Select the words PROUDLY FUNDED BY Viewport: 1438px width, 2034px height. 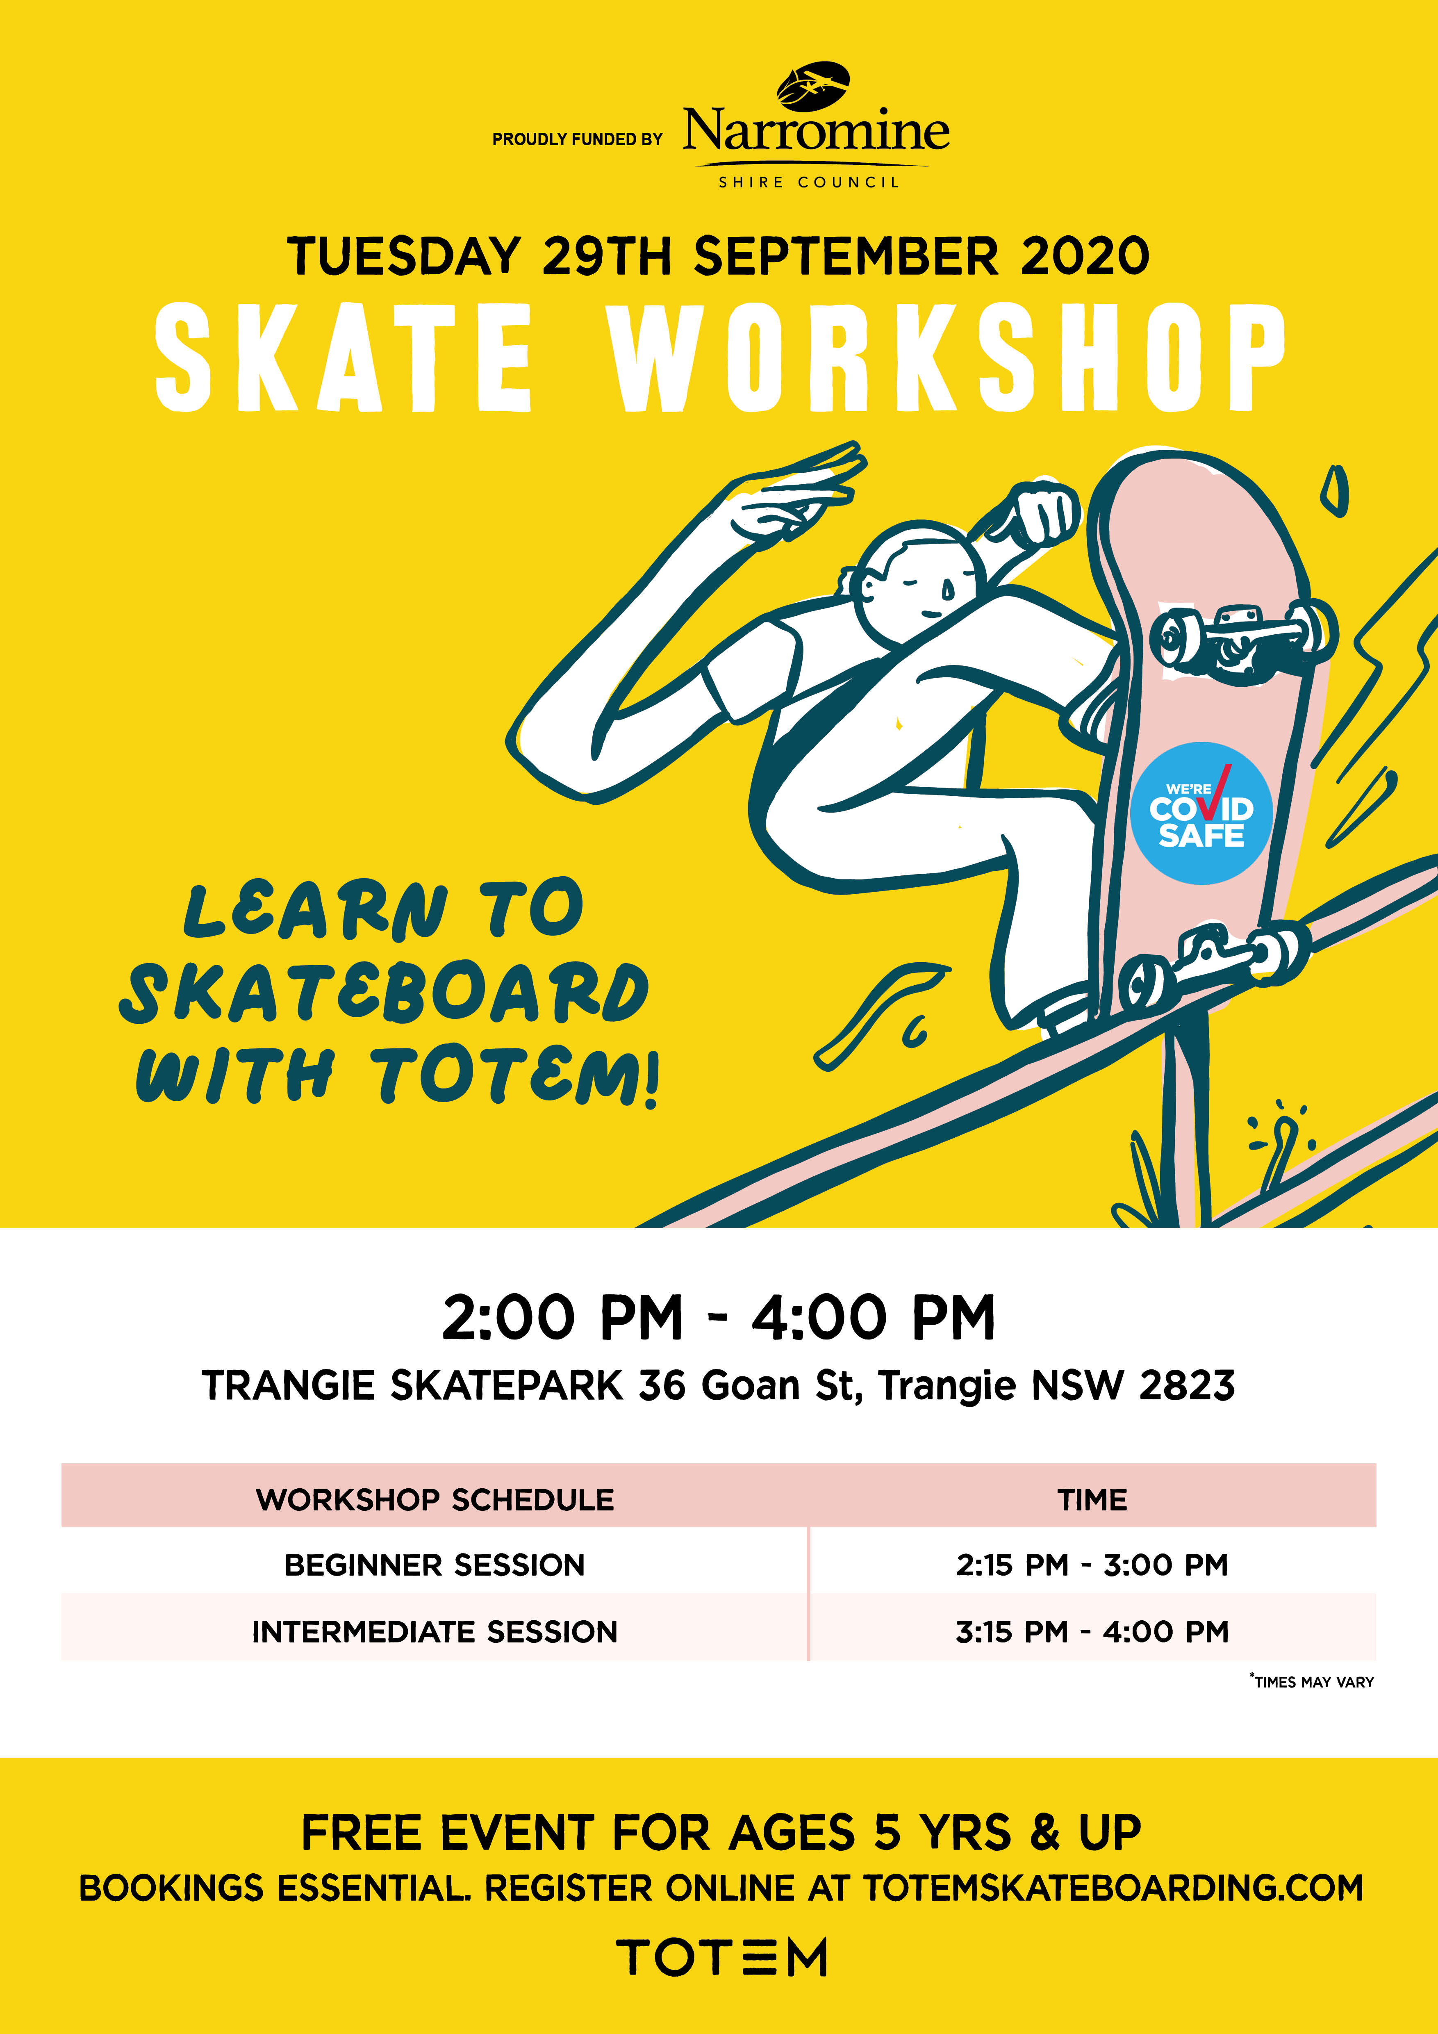(x=577, y=139)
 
